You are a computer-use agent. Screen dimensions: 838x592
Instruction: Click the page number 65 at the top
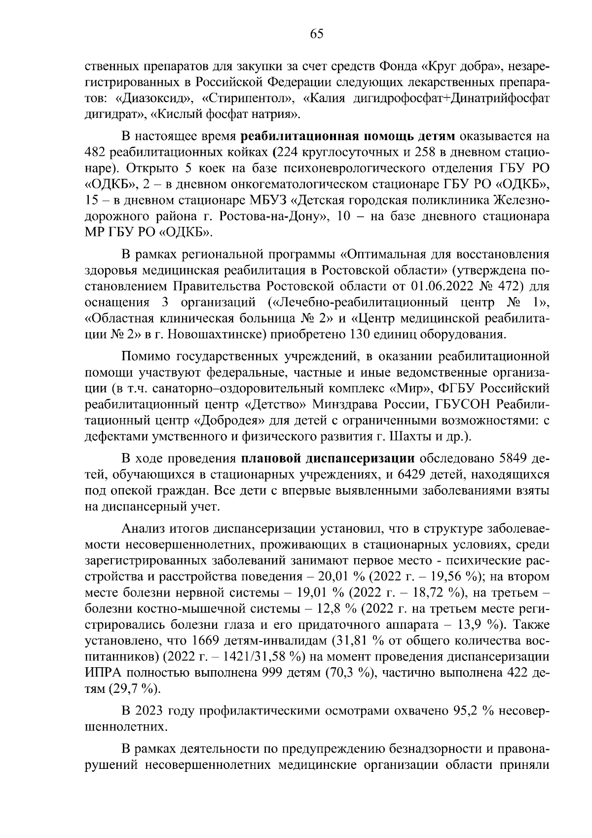tap(316, 34)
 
